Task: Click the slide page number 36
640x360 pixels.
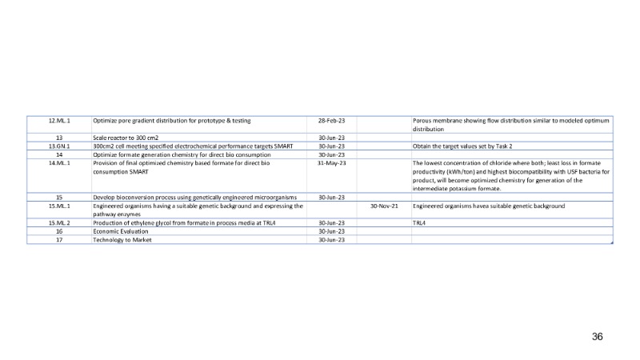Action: pyautogui.click(x=597, y=337)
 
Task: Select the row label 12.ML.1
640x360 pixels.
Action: pyautogui.click(x=59, y=121)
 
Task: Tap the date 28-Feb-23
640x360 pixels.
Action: pyautogui.click(x=331, y=121)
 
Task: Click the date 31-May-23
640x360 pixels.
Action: pyautogui.click(x=331, y=163)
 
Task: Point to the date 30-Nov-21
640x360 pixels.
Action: pyautogui.click(x=384, y=206)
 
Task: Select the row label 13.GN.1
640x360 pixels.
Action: pyautogui.click(x=59, y=146)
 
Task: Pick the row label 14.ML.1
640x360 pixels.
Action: pyautogui.click(x=59, y=163)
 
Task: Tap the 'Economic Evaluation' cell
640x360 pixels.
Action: pyautogui.click(x=125, y=231)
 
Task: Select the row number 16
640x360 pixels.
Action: pyautogui.click(x=59, y=231)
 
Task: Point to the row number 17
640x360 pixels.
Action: pyautogui.click(x=59, y=239)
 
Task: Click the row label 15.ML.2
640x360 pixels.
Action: pyautogui.click(x=59, y=222)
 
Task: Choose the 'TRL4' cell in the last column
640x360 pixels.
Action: pyautogui.click(x=418, y=222)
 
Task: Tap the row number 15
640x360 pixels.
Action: pyautogui.click(x=59, y=197)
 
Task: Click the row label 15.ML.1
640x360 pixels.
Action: pyautogui.click(x=59, y=206)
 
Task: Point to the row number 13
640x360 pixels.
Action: pyautogui.click(x=59, y=138)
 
